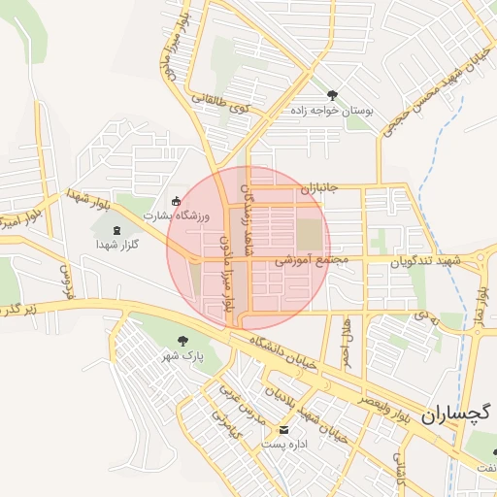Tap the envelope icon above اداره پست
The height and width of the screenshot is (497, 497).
(x=283, y=429)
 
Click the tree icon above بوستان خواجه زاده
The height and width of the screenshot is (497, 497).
(x=333, y=95)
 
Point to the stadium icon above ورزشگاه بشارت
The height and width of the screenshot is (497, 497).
(x=175, y=201)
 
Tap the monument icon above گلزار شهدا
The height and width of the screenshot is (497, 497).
(x=117, y=230)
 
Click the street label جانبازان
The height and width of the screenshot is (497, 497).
(x=316, y=185)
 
